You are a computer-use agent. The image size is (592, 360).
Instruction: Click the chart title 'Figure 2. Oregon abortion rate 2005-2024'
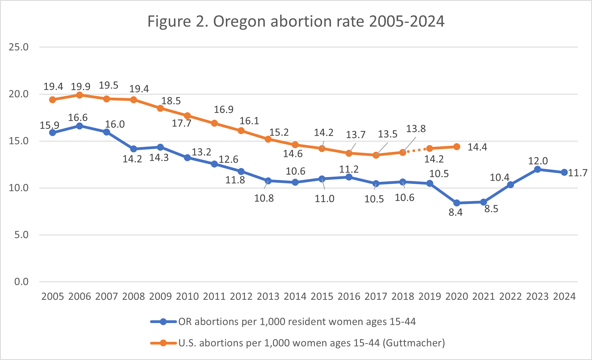(296, 21)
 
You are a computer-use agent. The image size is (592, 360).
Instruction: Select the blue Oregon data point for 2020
(457, 203)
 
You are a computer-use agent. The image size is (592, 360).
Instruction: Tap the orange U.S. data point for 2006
(79, 95)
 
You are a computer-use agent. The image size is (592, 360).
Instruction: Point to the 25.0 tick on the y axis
(19, 47)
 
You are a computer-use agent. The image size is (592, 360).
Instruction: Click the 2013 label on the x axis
(268, 296)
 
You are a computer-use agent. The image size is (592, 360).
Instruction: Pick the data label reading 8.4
(456, 212)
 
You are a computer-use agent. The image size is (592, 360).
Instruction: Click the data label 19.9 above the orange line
(81, 87)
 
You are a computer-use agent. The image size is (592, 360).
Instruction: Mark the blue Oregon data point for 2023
(537, 169)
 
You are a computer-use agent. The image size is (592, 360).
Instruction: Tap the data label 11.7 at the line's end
(578, 173)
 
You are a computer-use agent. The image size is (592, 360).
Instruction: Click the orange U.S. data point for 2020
(457, 147)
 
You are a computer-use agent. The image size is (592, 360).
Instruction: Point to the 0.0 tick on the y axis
(22, 282)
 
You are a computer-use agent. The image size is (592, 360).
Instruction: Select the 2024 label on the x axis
(564, 296)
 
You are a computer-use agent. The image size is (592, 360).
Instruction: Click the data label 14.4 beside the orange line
(477, 147)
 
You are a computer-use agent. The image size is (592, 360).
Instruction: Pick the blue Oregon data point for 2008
(133, 149)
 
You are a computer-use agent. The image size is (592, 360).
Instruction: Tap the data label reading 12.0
(538, 161)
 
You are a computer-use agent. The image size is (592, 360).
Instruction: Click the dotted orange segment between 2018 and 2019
(416, 150)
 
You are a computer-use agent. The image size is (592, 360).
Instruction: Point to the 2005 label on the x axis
(52, 296)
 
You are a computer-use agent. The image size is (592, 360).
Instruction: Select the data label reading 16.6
(78, 118)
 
